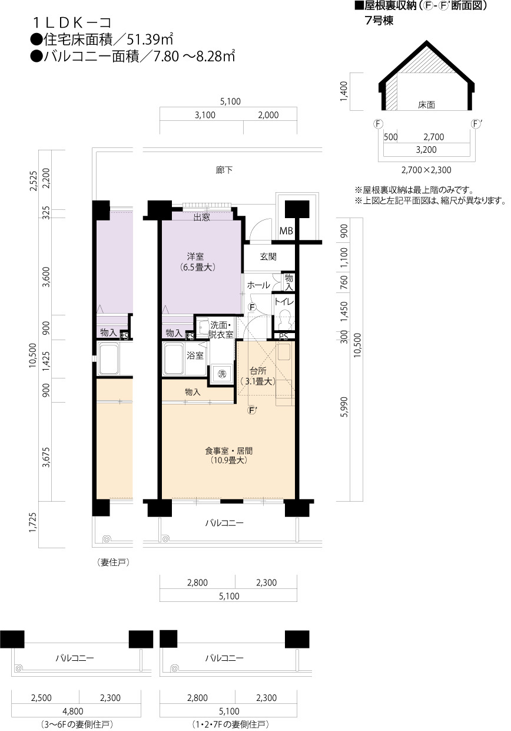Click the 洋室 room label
click(195, 256)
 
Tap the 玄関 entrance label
click(268, 256)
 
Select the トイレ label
click(284, 301)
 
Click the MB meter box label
click(286, 231)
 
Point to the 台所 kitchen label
click(258, 371)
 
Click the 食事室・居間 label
click(229, 451)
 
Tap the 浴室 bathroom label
click(195, 355)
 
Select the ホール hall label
click(258, 285)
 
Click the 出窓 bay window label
click(202, 217)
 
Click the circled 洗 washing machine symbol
click(222, 374)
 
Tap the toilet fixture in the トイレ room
click(285, 319)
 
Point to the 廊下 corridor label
click(224, 170)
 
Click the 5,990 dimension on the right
click(346, 407)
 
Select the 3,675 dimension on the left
click(47, 457)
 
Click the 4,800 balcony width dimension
click(74, 711)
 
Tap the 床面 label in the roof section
click(426, 105)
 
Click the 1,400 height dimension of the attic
click(344, 91)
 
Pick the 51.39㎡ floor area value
click(150, 39)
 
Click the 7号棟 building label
click(379, 21)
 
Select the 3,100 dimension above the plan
click(205, 115)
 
